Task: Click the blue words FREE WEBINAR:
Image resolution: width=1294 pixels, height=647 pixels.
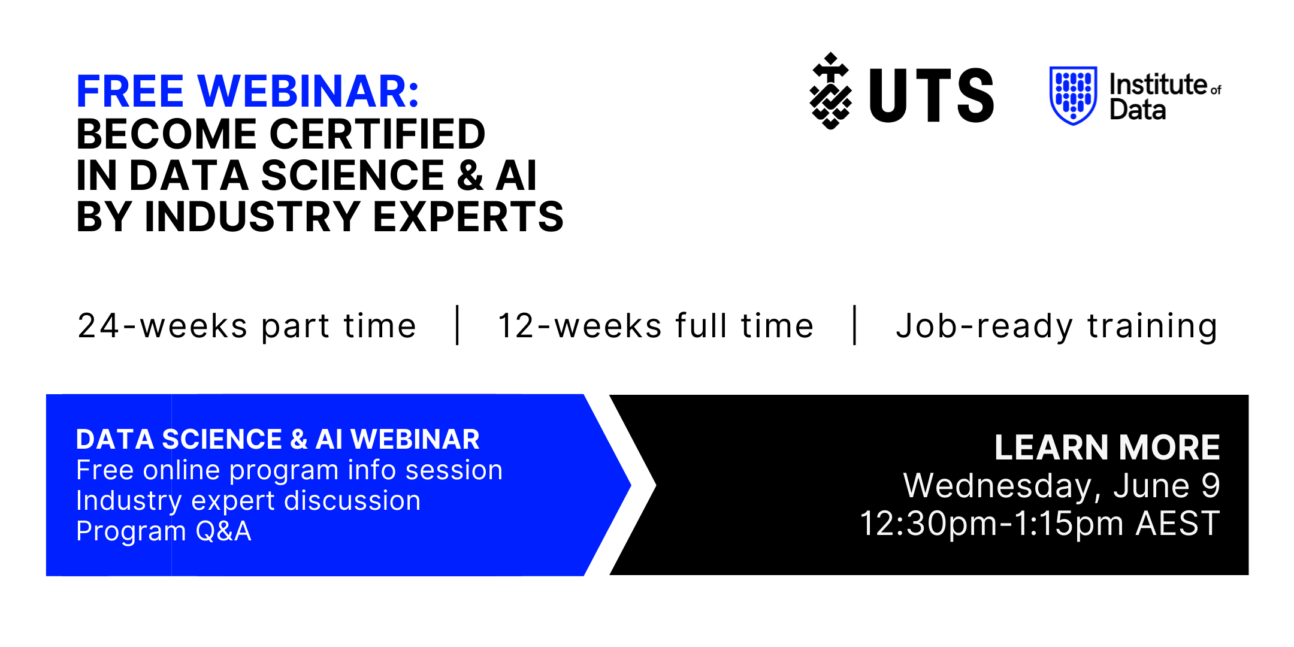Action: pos(247,92)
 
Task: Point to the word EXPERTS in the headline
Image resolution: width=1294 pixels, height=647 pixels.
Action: pos(468,216)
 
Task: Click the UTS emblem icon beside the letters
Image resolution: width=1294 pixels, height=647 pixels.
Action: pos(830,91)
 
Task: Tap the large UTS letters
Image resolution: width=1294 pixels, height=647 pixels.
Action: pos(932,95)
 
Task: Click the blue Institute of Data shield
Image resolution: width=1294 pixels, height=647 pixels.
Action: pos(1073,95)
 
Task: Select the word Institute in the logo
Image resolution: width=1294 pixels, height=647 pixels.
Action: pos(1158,84)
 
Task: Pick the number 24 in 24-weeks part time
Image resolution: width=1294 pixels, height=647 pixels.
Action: pos(99,326)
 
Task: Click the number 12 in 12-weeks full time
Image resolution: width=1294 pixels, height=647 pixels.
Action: pos(516,326)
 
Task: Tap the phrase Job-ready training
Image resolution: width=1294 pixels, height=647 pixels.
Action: pos(1057,327)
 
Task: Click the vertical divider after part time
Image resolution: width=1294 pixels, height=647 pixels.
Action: pos(458,325)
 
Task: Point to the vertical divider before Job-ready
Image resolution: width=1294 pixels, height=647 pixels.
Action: pos(855,325)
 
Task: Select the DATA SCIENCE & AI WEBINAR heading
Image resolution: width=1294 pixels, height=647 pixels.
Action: pos(278,439)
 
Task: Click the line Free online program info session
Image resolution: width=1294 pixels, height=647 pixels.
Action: pos(289,470)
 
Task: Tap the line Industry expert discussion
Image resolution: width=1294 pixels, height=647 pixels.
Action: pos(249,501)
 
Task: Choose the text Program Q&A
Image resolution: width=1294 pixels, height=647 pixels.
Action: pos(164,531)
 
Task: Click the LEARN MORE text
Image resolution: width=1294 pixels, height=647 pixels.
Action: pos(1107,447)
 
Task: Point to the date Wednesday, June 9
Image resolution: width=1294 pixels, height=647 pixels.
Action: pos(1062,485)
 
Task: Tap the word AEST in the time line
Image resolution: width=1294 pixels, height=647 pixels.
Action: pos(1178,524)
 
